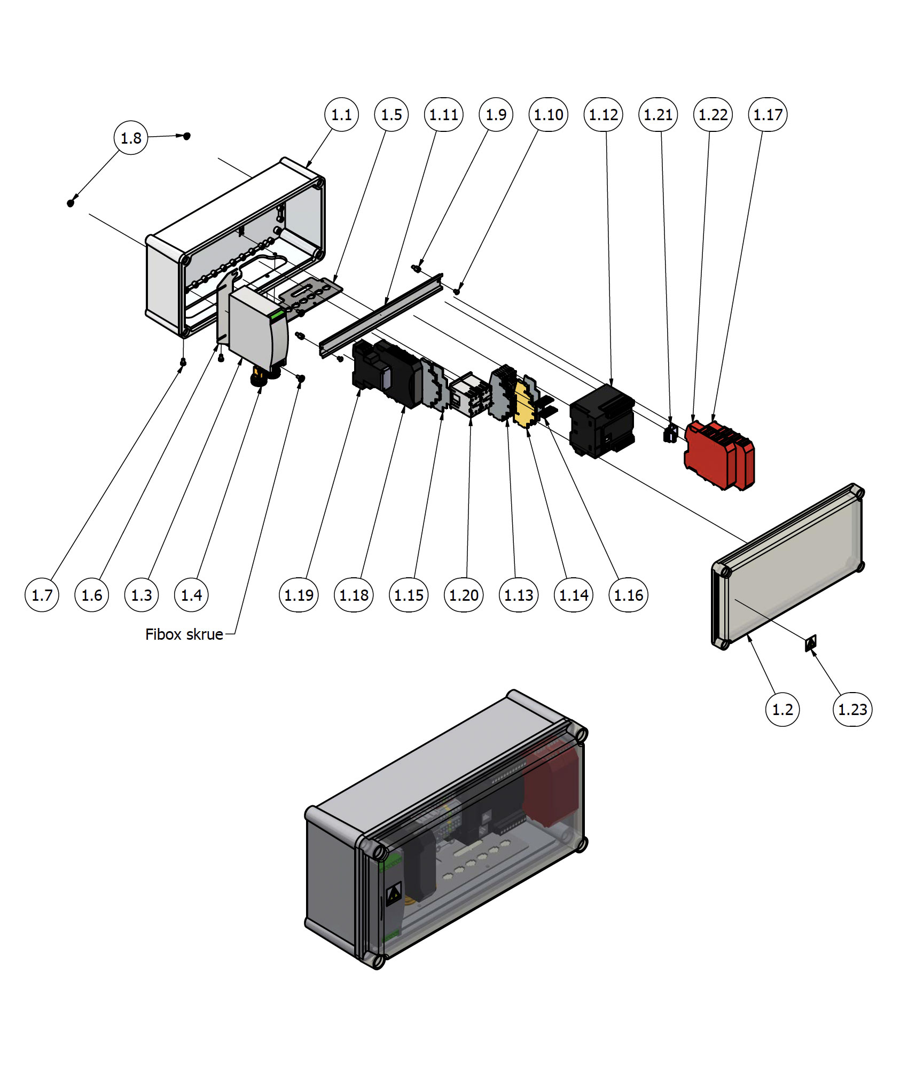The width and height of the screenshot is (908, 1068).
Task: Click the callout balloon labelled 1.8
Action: [x=131, y=138]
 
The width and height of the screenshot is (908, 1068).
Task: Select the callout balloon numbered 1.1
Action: [x=341, y=114]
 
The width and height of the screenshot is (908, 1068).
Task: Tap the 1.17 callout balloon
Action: [x=768, y=114]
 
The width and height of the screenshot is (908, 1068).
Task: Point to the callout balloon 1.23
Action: [x=852, y=709]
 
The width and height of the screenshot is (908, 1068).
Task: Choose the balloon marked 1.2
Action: [x=782, y=709]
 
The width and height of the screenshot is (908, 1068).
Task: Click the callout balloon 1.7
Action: [x=42, y=595]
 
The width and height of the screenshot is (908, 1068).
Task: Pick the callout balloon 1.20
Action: [x=464, y=595]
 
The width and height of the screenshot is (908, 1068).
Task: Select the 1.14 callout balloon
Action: [x=574, y=595]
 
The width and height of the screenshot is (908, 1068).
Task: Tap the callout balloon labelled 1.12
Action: [x=604, y=114]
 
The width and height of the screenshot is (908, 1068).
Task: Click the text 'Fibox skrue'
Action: [x=184, y=634]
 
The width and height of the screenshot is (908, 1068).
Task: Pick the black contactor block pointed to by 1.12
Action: [x=602, y=422]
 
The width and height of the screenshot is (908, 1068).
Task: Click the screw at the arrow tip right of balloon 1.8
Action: [x=186, y=136]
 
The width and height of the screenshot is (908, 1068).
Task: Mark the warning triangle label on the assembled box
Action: [x=394, y=893]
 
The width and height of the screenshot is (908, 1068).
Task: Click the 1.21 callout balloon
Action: [x=658, y=114]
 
